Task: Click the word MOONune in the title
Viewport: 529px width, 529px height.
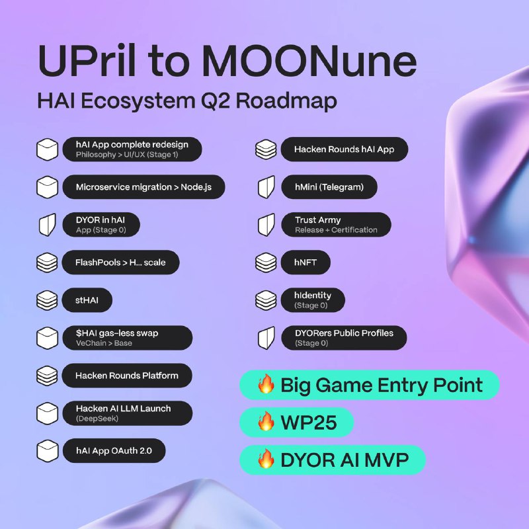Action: [x=309, y=61]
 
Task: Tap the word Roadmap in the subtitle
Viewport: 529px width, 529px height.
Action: [x=286, y=101]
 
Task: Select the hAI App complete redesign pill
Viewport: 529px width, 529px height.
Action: [x=132, y=149]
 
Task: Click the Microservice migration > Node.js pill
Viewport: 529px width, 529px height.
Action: [x=143, y=187]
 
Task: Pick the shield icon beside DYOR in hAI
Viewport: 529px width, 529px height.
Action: [x=48, y=225]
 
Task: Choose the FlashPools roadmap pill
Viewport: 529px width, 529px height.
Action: [x=120, y=262]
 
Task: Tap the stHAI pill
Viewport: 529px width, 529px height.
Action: [x=87, y=300]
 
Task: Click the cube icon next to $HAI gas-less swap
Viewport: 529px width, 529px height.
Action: [x=47, y=338]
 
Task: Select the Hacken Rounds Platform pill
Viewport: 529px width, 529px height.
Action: [x=127, y=376]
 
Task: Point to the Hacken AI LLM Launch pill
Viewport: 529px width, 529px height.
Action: [x=128, y=413]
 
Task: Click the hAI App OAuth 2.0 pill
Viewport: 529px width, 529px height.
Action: [x=114, y=451]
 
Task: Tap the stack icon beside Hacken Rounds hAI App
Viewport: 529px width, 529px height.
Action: [x=266, y=149]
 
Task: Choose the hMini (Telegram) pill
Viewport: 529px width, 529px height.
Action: [x=329, y=187]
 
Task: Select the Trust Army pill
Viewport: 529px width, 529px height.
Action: [x=337, y=225]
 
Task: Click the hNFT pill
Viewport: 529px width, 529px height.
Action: [x=305, y=262]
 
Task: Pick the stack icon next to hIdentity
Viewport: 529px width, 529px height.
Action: [x=266, y=300]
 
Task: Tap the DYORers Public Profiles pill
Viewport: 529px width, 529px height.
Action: [x=344, y=338]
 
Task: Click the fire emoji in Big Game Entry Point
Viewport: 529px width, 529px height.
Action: [x=266, y=384]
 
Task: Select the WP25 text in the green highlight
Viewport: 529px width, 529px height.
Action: [x=309, y=423]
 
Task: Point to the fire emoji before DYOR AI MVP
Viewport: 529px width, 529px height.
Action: [x=266, y=459]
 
